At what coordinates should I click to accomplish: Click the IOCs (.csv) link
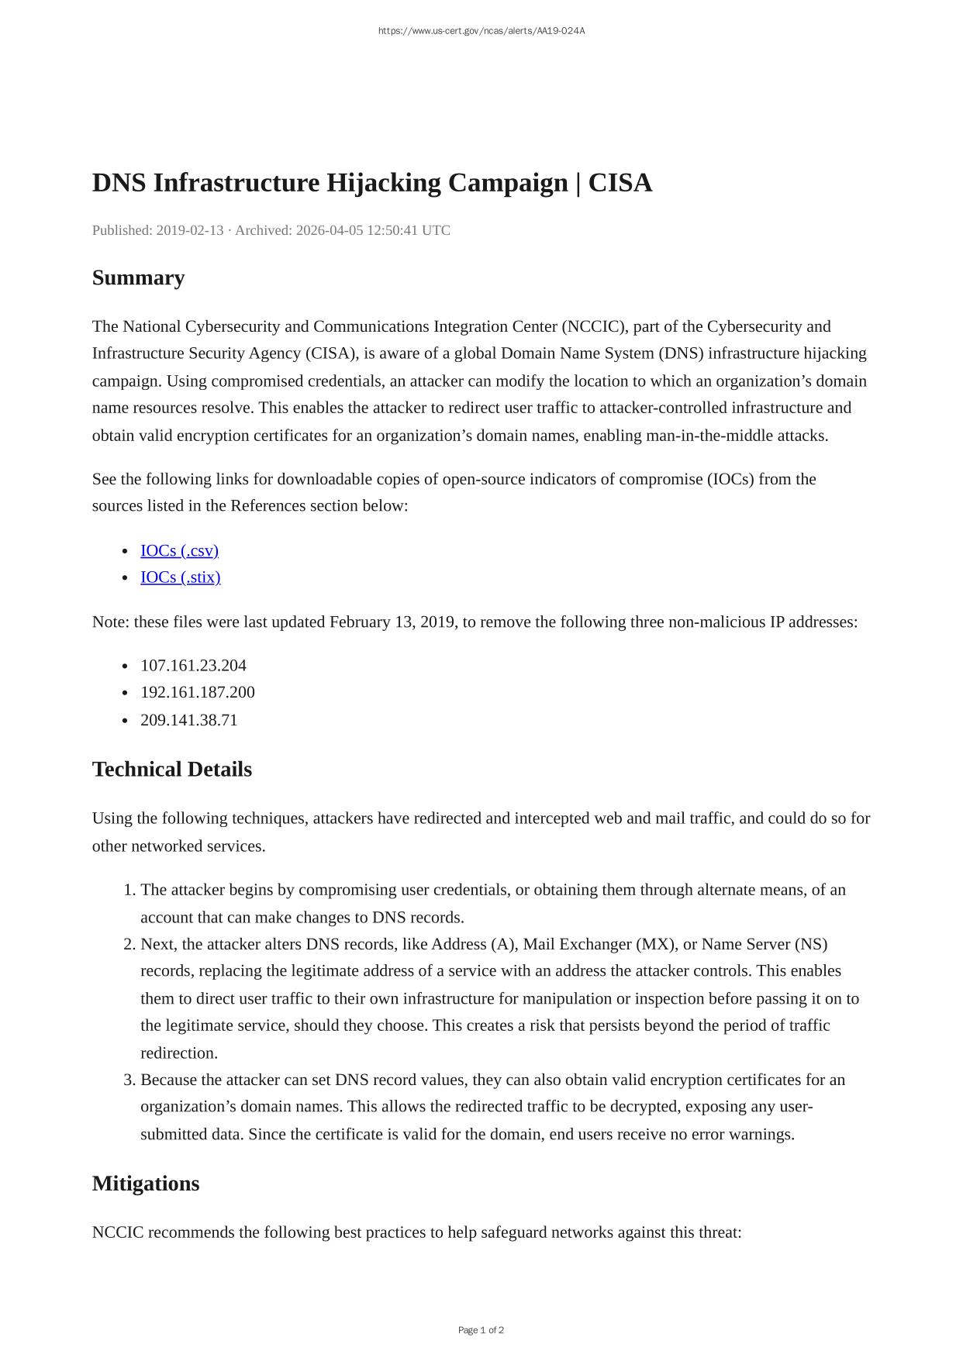pos(179,550)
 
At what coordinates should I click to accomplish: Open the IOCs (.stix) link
pos(180,577)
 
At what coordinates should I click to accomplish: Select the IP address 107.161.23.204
pos(193,666)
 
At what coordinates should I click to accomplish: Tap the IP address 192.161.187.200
pos(197,692)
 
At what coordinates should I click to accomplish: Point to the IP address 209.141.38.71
pos(188,720)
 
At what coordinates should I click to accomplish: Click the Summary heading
pos(138,277)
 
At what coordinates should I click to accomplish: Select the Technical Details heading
pos(171,770)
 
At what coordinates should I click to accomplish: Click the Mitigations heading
pos(145,1184)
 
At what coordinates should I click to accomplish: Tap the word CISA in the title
pos(620,183)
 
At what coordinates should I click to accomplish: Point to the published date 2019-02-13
pos(190,230)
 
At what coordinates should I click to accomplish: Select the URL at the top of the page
pos(481,31)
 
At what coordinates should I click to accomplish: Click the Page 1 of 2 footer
pos(481,1330)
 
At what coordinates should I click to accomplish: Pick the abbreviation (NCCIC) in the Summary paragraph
pos(594,326)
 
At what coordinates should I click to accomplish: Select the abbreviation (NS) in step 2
pos(811,944)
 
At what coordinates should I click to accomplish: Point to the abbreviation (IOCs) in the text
pos(730,479)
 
